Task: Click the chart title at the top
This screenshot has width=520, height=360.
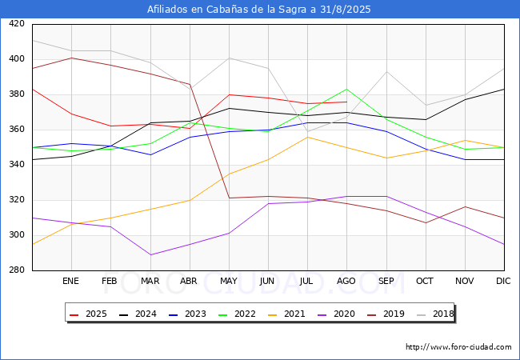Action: tap(258, 10)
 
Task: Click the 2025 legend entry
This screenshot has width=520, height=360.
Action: tap(88, 314)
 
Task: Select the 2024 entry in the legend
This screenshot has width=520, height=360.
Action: tap(138, 314)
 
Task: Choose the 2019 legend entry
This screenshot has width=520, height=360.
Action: tap(386, 314)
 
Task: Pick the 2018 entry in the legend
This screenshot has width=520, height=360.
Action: tap(435, 314)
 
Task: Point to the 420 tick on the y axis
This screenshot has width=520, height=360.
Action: tap(17, 23)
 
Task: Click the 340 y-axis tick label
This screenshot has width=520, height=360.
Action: tap(17, 165)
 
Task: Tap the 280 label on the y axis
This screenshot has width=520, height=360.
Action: tap(17, 270)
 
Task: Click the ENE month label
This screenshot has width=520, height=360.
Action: tap(70, 281)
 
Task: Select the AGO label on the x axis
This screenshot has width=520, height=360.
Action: tap(346, 281)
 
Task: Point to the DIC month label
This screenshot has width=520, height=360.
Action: tap(503, 281)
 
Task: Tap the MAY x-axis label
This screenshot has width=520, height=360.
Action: tap(229, 281)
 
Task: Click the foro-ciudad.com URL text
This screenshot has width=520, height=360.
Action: tap(458, 346)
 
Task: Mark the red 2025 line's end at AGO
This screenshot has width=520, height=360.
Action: tap(347, 102)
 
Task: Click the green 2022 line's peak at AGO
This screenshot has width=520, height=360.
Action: tap(347, 89)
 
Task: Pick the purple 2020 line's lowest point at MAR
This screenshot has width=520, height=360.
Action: tap(151, 254)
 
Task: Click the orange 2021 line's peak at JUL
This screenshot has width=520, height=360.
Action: tap(307, 137)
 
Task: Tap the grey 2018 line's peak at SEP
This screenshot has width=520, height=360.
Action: tap(386, 72)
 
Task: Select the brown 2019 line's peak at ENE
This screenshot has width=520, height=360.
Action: tap(72, 58)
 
